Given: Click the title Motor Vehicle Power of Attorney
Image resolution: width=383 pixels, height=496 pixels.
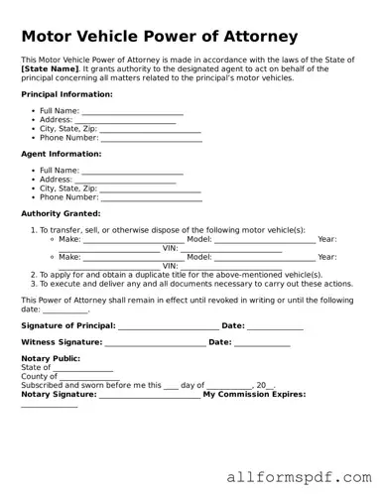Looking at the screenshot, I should (x=159, y=37).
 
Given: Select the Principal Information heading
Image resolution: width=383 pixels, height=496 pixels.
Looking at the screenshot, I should (x=66, y=94).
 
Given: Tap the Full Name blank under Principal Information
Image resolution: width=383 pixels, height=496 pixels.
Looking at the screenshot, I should (x=132, y=111).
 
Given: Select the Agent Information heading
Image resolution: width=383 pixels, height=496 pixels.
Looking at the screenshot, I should (x=61, y=154).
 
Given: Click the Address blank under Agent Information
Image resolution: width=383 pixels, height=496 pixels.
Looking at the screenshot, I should (x=125, y=180).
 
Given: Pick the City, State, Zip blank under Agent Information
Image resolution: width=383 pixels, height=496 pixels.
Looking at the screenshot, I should (x=150, y=188).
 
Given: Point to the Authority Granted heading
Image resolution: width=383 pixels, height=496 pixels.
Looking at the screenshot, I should (x=61, y=213).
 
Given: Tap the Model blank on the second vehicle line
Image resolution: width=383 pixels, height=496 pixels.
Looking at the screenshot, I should (x=265, y=257).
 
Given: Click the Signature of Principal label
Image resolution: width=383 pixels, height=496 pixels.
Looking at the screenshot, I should (x=67, y=325).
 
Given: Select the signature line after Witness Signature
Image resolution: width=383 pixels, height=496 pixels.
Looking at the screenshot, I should (x=154, y=343).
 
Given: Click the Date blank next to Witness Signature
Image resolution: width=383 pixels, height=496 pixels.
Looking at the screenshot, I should (x=262, y=343).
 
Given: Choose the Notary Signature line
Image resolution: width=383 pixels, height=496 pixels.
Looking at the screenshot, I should (x=149, y=395).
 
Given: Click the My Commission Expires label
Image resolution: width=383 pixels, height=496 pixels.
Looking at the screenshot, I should (x=254, y=395).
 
